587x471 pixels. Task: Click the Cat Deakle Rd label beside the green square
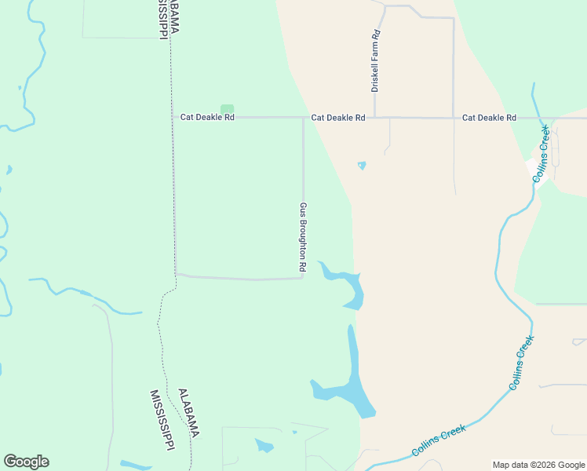pos(207,118)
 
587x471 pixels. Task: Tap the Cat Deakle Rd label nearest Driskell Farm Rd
pos(338,118)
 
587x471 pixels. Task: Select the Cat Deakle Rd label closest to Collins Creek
pos(489,118)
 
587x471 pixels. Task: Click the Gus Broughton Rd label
pos(302,237)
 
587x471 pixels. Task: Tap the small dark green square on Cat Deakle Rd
pos(227,109)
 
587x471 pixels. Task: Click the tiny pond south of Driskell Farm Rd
pos(362,166)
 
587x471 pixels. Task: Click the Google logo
pos(26,462)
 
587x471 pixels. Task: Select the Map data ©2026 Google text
pos(538,465)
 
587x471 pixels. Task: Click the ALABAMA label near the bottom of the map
pos(188,413)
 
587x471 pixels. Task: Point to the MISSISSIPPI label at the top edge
pos(162,17)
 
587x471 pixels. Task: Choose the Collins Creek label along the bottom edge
pos(439,440)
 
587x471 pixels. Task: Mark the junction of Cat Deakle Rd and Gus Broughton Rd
pos(304,118)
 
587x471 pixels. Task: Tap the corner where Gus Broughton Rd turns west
pos(303,277)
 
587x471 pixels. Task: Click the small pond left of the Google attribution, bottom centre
pos(264,446)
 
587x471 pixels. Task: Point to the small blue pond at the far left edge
pos(9,169)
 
